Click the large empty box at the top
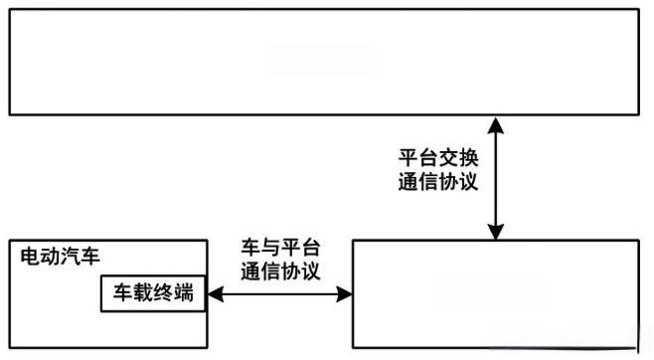(x=323, y=62)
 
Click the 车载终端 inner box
(x=152, y=293)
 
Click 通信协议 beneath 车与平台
(x=281, y=270)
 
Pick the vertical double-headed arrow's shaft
(x=494, y=177)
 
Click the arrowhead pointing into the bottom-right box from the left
(x=346, y=294)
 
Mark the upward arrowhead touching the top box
(x=494, y=123)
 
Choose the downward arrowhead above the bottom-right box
(x=494, y=232)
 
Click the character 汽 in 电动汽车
(x=70, y=258)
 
